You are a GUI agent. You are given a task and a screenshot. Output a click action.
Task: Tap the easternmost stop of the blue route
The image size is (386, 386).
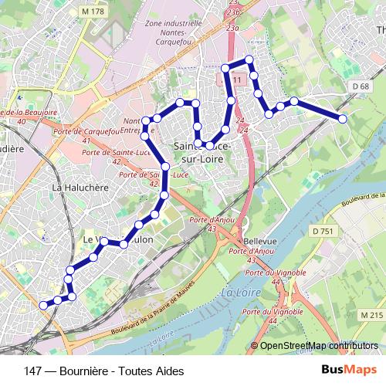(x=343, y=117)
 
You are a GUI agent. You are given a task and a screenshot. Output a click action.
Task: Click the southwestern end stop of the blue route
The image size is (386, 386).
(x=43, y=305)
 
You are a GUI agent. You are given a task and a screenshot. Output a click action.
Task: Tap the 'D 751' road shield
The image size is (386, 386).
(x=323, y=231)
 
